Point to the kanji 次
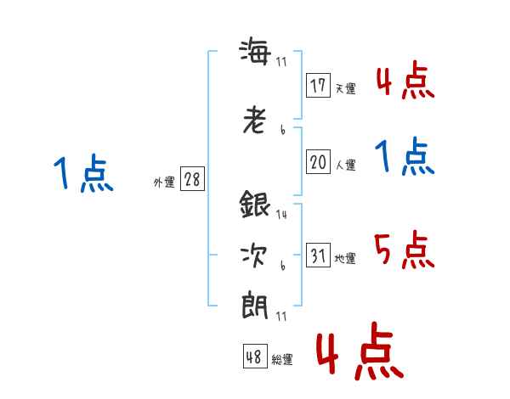click(x=255, y=254)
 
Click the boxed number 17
click(x=318, y=85)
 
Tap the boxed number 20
click(x=318, y=163)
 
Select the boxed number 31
click(x=318, y=256)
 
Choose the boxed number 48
click(x=254, y=357)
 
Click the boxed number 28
click(x=192, y=179)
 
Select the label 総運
click(x=282, y=360)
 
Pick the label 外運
click(x=164, y=183)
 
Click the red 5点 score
click(x=405, y=250)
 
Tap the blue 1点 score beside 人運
click(x=405, y=158)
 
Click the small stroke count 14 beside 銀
click(x=281, y=215)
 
